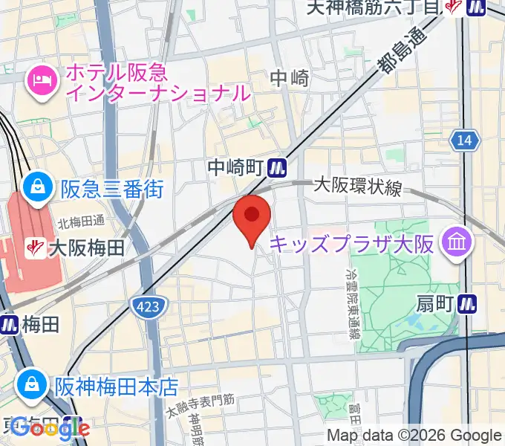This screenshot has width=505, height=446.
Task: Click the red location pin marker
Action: pos(252,218)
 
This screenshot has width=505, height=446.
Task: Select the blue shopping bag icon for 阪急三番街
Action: pos(36,189)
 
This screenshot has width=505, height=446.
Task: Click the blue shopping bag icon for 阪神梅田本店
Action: pos(32,386)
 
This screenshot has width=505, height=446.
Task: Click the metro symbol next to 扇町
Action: pos(467,303)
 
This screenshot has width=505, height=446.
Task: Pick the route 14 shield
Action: pos(465,140)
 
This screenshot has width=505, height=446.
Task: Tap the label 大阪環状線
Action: pos(357,186)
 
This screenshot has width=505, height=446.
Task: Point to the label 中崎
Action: pos(289,77)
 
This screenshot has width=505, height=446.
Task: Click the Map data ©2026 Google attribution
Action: pos(414,435)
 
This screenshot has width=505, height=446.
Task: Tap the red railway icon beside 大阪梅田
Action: pos(33,248)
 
